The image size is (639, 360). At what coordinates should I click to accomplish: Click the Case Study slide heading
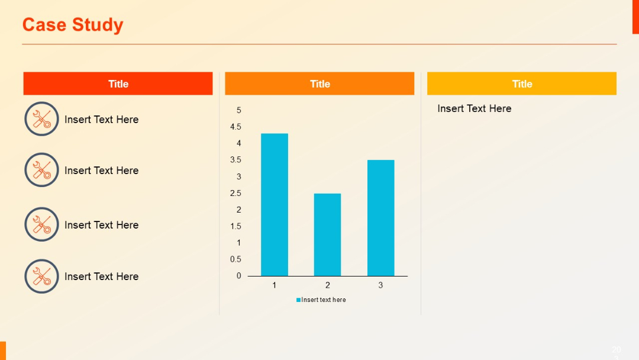click(x=73, y=25)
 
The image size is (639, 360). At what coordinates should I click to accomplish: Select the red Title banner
click(x=118, y=83)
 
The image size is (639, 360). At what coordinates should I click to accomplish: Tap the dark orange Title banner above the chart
click(x=319, y=83)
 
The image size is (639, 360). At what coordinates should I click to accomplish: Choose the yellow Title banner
click(x=521, y=83)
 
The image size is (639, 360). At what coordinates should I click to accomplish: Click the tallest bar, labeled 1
click(x=275, y=204)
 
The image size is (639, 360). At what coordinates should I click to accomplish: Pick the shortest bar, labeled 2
click(x=327, y=234)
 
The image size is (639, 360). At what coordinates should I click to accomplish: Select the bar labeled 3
click(x=380, y=218)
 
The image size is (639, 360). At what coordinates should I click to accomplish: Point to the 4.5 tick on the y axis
click(x=235, y=127)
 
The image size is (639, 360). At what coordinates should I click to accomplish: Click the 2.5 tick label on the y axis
click(x=235, y=193)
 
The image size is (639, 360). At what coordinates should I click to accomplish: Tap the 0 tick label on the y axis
click(x=239, y=276)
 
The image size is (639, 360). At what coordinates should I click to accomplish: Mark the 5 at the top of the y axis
click(x=239, y=110)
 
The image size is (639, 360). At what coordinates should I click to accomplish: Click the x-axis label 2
click(x=327, y=285)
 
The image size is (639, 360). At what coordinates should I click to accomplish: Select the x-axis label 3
click(x=380, y=285)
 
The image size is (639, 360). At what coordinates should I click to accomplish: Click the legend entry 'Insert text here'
click(x=321, y=300)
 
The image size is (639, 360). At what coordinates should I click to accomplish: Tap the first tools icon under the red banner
click(x=41, y=119)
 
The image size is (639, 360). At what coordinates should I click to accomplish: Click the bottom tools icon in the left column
click(x=41, y=276)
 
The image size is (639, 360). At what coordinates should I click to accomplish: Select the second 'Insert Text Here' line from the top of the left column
click(x=101, y=171)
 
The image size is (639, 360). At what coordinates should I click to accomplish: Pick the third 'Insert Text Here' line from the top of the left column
click(x=101, y=225)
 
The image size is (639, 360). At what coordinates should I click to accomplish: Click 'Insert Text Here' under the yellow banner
click(x=474, y=108)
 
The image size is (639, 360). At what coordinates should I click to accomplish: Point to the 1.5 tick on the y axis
click(x=235, y=226)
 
